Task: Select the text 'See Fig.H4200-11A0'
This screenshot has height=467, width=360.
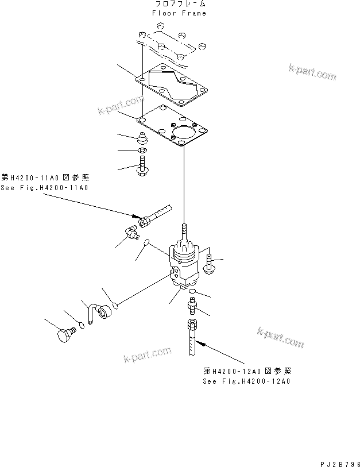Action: point(45,188)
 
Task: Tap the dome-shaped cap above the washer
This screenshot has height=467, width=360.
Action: point(142,138)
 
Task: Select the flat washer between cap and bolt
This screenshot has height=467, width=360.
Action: point(142,152)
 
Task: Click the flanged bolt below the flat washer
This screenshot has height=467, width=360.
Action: point(142,168)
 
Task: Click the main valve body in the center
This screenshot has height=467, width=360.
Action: point(184,262)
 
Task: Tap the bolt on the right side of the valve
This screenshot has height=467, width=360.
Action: point(208,262)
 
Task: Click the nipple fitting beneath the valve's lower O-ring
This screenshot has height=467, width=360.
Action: point(192,307)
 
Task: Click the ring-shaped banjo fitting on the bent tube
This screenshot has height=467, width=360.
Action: point(104,312)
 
